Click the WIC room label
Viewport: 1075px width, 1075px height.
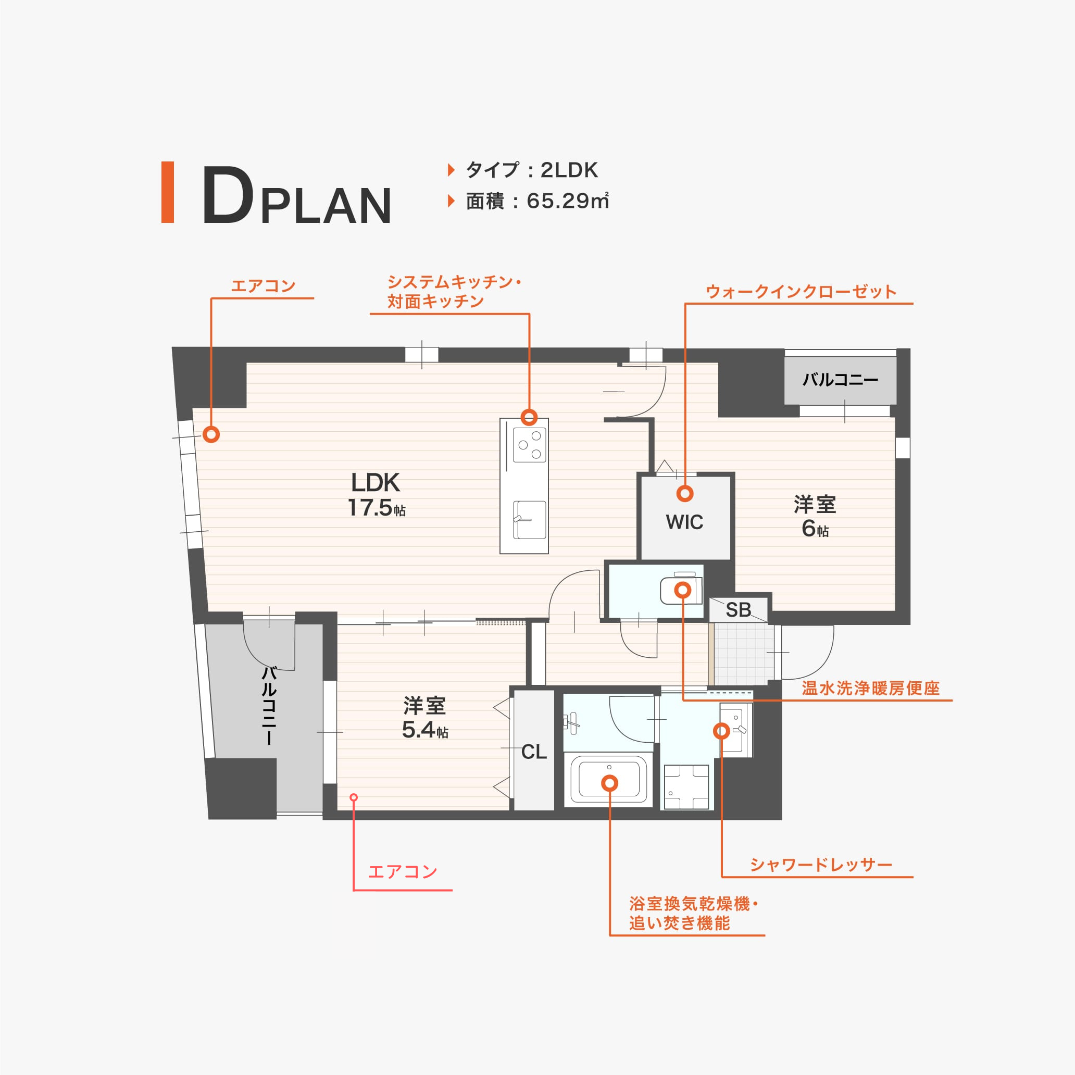tap(684, 522)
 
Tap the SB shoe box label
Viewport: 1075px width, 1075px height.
tap(739, 610)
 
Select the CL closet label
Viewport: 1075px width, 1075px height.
tap(534, 752)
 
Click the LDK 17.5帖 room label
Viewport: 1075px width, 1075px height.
tap(376, 495)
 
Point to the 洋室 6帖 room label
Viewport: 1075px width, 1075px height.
tap(815, 516)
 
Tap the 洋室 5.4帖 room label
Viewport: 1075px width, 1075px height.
tap(424, 717)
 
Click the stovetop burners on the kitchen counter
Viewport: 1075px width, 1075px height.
tap(529, 445)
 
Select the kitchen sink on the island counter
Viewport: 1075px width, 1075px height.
tap(529, 520)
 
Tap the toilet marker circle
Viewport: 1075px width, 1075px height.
tap(683, 590)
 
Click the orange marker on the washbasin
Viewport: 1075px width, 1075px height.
tap(722, 731)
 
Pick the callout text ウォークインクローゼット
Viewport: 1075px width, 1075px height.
tap(801, 292)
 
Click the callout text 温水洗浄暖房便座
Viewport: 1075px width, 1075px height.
tap(870, 689)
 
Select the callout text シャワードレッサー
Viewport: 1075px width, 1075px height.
tap(821, 865)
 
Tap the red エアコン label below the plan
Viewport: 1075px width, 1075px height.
tap(403, 871)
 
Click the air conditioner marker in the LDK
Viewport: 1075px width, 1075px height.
tap(211, 434)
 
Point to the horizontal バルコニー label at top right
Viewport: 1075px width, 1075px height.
tap(840, 380)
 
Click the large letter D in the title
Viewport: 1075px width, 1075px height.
tap(227, 195)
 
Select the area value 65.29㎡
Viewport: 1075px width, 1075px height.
tap(568, 201)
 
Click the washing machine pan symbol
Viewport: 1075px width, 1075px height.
tap(686, 787)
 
